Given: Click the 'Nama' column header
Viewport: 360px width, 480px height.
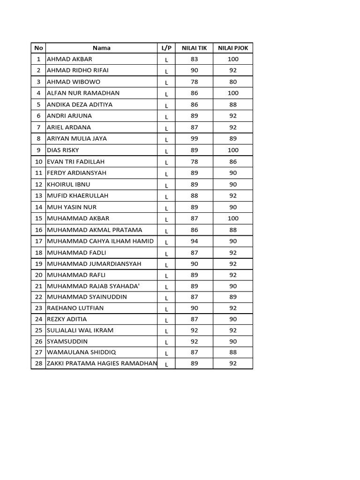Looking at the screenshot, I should click(x=101, y=48).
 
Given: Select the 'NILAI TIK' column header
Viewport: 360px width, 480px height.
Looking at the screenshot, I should click(x=194, y=48).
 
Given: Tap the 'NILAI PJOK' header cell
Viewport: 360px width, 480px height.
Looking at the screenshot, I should click(x=233, y=48).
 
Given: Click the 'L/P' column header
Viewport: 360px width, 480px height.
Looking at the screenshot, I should click(x=166, y=48).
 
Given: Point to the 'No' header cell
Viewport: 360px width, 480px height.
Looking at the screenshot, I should click(x=38, y=48).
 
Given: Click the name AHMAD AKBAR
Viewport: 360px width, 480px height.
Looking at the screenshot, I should click(x=69, y=59).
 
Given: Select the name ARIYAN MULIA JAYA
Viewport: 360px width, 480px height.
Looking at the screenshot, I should click(x=77, y=138).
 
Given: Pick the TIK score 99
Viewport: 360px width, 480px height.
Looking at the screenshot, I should click(x=194, y=138).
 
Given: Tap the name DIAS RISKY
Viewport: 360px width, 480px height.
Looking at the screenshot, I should click(x=63, y=150).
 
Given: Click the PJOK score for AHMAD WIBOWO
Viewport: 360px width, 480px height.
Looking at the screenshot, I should click(x=233, y=82).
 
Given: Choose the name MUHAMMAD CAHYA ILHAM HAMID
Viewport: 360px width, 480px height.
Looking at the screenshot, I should click(x=100, y=241).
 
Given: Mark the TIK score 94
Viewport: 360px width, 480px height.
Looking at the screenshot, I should click(x=194, y=241).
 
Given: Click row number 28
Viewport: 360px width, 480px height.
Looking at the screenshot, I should click(x=38, y=363).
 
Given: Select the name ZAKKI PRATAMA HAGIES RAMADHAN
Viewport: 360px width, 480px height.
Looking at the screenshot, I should click(x=102, y=363).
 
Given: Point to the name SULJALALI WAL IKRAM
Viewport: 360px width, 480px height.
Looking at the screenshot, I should click(x=80, y=330).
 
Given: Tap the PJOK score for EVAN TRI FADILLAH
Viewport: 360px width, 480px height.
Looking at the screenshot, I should click(x=233, y=161).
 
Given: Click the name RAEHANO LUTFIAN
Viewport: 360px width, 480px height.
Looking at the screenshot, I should click(x=75, y=308).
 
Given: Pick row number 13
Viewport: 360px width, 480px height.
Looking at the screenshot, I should click(x=38, y=195).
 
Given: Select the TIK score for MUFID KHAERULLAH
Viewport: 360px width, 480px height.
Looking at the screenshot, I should click(x=194, y=195).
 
